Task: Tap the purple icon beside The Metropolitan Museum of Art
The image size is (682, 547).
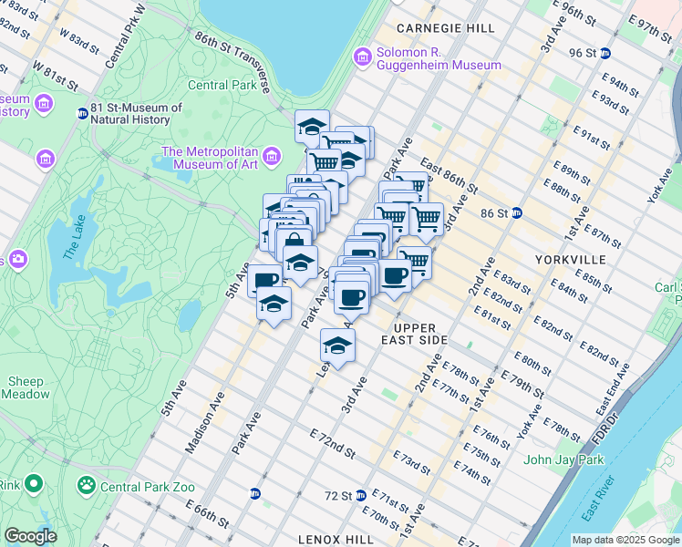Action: tap(271, 159)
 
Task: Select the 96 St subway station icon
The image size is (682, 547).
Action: tap(606, 53)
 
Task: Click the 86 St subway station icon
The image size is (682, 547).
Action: tap(517, 213)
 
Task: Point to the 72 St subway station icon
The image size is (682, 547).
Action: tap(361, 495)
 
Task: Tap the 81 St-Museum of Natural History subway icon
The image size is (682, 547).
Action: tap(82, 114)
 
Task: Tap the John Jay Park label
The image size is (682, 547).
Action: tap(564, 459)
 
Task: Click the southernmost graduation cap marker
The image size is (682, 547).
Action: tap(337, 346)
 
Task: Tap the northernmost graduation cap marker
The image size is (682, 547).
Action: tap(312, 127)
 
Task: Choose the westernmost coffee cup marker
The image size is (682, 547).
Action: tap(264, 279)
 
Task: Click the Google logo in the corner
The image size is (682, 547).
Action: tap(30, 536)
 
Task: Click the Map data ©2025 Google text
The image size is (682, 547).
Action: tap(625, 540)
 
